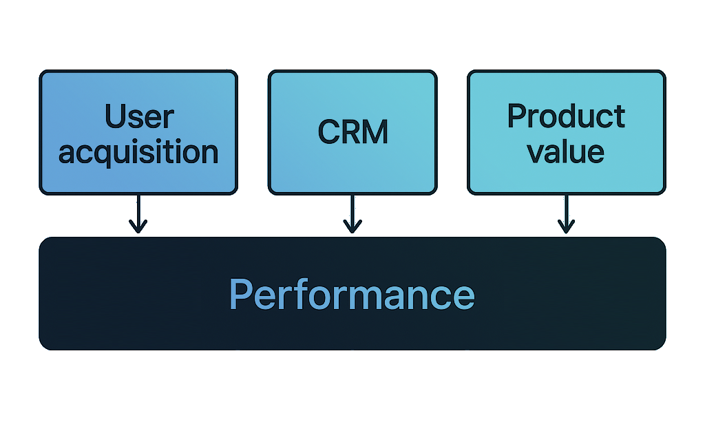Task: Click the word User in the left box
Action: tap(138, 118)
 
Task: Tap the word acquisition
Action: tap(138, 152)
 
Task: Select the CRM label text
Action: tap(352, 132)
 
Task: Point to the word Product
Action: tap(566, 117)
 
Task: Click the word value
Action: tap(566, 151)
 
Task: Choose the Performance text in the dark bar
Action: tap(352, 295)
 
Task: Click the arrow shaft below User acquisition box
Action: tap(138, 210)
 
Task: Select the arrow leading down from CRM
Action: tap(352, 212)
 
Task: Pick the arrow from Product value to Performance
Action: tap(566, 212)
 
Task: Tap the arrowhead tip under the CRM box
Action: tap(352, 231)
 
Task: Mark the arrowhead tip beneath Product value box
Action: tap(566, 231)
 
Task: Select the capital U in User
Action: tap(115, 118)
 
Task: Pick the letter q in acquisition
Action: tap(105, 154)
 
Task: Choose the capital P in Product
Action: tap(517, 117)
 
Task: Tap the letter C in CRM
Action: tap(329, 132)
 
